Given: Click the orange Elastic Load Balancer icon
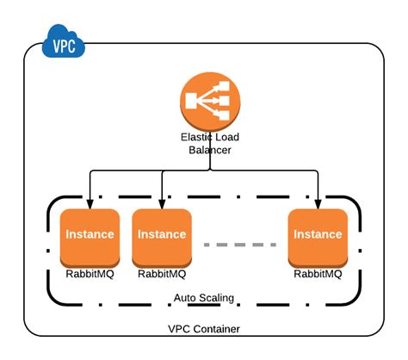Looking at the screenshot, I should click(x=210, y=101).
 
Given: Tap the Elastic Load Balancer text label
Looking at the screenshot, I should click(x=210, y=143).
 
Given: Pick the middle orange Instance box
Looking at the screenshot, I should click(x=161, y=238).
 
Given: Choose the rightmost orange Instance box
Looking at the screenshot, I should click(x=318, y=238).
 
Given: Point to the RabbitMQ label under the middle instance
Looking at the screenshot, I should click(x=161, y=275).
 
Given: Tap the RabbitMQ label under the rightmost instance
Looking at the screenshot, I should click(x=318, y=275).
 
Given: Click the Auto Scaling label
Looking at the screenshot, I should click(x=203, y=298).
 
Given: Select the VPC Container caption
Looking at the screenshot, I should click(x=203, y=330).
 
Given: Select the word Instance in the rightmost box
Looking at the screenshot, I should click(x=318, y=234).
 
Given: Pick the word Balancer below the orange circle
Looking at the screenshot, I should click(x=210, y=150).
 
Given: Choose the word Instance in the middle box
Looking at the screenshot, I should click(x=161, y=234).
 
